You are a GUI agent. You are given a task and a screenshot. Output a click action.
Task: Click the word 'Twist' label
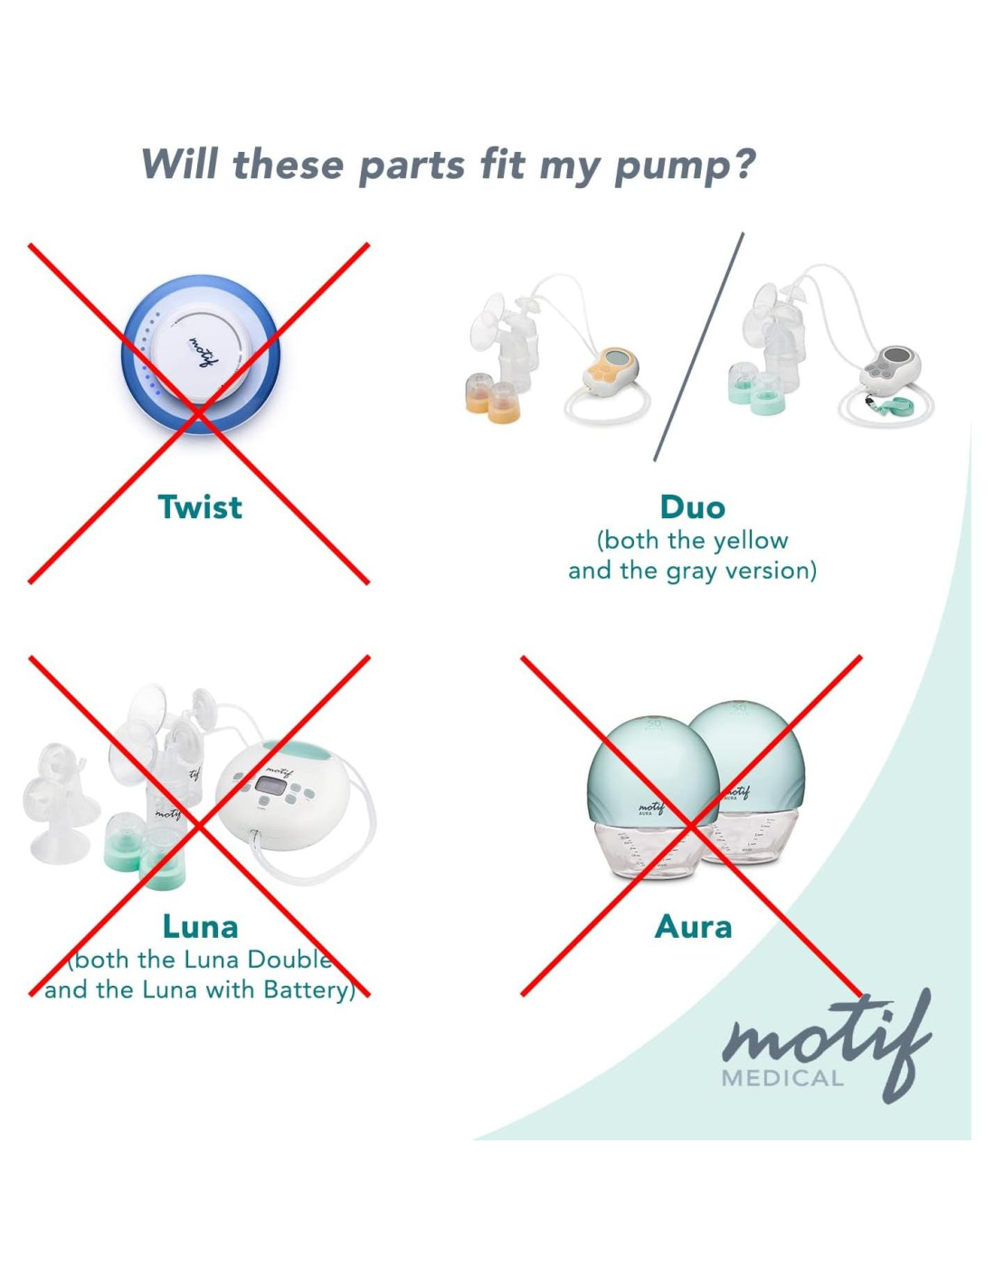point(200,507)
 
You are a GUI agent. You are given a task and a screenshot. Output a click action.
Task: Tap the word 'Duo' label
point(692,507)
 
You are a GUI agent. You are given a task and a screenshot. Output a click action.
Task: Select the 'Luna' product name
point(200,926)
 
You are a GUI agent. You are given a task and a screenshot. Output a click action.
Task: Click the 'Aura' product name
point(693,926)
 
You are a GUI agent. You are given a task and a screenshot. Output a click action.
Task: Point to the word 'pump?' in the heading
point(685,165)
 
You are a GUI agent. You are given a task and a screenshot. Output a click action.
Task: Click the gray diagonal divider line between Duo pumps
point(698,346)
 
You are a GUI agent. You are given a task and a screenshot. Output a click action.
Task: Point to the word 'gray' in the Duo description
point(693,571)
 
